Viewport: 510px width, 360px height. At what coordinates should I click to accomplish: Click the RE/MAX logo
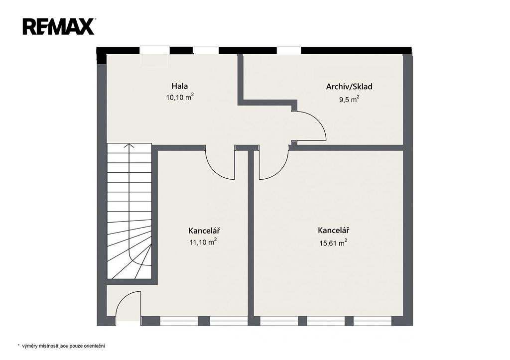(x=59, y=27)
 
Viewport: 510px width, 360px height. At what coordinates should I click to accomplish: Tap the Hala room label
(x=179, y=86)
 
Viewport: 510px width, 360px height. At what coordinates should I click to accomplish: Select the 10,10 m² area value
(x=180, y=97)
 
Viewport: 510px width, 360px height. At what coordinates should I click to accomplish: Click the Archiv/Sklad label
(x=349, y=87)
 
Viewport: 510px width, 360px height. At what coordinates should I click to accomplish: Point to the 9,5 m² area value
(x=349, y=99)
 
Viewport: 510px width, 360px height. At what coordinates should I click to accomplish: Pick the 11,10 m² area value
(x=203, y=241)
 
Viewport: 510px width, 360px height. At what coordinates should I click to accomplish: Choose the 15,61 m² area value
(x=333, y=242)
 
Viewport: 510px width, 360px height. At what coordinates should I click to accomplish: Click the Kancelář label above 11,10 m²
(x=204, y=231)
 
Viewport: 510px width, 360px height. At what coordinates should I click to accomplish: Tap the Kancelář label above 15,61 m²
(x=333, y=230)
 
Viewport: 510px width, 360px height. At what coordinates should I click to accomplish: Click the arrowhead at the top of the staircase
(x=129, y=145)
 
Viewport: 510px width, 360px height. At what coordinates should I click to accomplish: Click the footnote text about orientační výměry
(x=63, y=346)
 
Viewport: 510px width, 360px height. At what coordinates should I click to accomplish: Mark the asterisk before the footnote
(x=18, y=345)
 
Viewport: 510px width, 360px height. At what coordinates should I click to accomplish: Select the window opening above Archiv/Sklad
(x=289, y=50)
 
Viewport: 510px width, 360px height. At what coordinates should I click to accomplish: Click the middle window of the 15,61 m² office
(x=326, y=321)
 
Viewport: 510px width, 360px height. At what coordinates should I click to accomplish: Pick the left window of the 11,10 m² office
(x=179, y=321)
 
